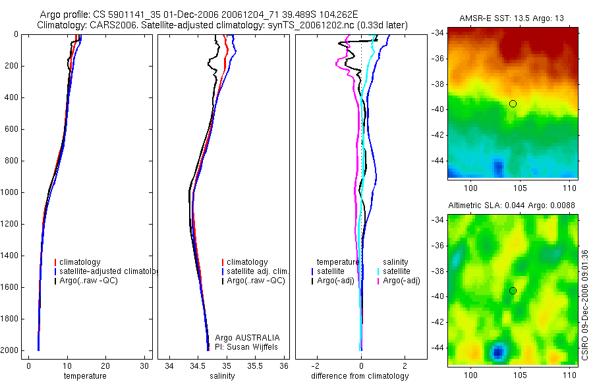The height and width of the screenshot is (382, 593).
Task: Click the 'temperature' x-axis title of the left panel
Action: coord(84,376)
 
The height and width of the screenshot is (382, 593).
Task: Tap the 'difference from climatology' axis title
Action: coord(360,376)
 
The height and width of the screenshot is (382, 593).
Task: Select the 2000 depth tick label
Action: coord(11,350)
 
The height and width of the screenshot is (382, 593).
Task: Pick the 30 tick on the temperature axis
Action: coord(144,366)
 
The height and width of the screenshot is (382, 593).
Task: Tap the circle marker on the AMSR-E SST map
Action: coord(513,103)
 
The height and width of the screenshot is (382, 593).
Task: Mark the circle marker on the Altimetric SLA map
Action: coord(513,291)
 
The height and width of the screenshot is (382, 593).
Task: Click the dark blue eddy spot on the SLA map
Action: coord(497,352)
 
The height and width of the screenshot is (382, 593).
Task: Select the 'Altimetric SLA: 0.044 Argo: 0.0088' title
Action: coord(512,205)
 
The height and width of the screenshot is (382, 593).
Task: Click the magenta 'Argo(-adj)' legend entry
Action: coord(401,281)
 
